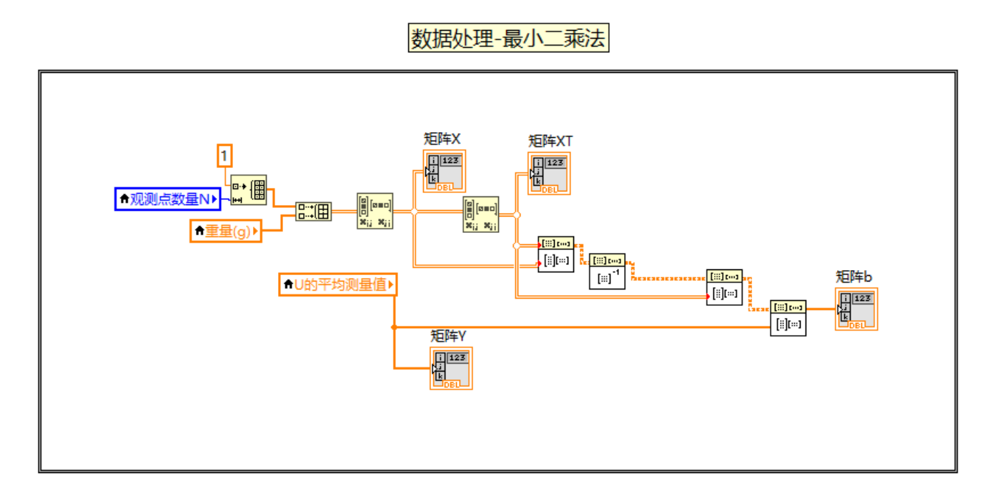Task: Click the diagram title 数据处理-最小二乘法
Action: tap(508, 38)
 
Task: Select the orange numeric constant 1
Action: tap(225, 155)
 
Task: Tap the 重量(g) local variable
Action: tap(226, 231)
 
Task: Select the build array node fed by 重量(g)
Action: tap(313, 211)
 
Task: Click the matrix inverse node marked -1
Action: tap(608, 271)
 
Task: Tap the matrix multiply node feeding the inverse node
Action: tap(556, 254)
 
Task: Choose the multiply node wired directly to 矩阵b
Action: tap(788, 318)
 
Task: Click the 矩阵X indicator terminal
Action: tap(444, 171)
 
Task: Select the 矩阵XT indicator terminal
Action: tap(549, 174)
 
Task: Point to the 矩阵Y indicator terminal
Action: tap(451, 368)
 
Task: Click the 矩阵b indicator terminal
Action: tap(856, 309)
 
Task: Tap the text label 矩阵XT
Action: tap(550, 141)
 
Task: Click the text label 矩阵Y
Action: tap(448, 335)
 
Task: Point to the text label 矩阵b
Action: tap(853, 277)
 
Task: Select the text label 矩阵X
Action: tap(442, 139)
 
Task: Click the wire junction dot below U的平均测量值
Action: tap(394, 327)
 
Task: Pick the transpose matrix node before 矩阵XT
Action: tap(480, 214)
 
